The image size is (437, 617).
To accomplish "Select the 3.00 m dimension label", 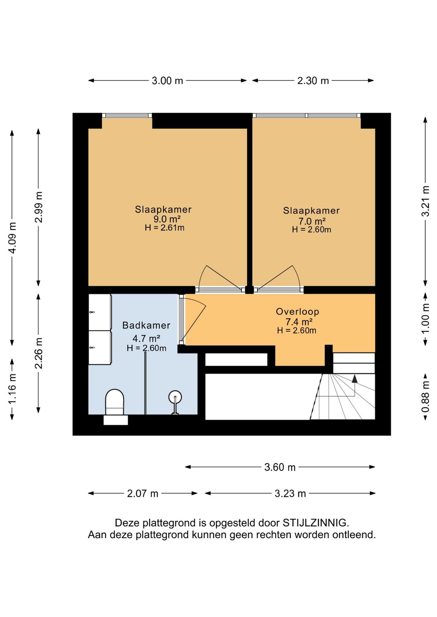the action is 168,81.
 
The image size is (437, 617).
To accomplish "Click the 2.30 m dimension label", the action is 313,81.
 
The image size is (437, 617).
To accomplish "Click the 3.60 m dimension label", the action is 280,467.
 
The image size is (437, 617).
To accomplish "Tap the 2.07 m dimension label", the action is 142,493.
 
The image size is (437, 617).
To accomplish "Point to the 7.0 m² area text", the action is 312,221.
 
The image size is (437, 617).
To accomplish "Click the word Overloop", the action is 297,311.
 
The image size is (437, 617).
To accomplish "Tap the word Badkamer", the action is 146,325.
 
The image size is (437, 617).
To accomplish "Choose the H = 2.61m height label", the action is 165,228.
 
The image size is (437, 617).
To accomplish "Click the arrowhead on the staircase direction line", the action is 354,379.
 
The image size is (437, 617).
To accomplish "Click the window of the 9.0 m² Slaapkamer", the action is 127,115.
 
